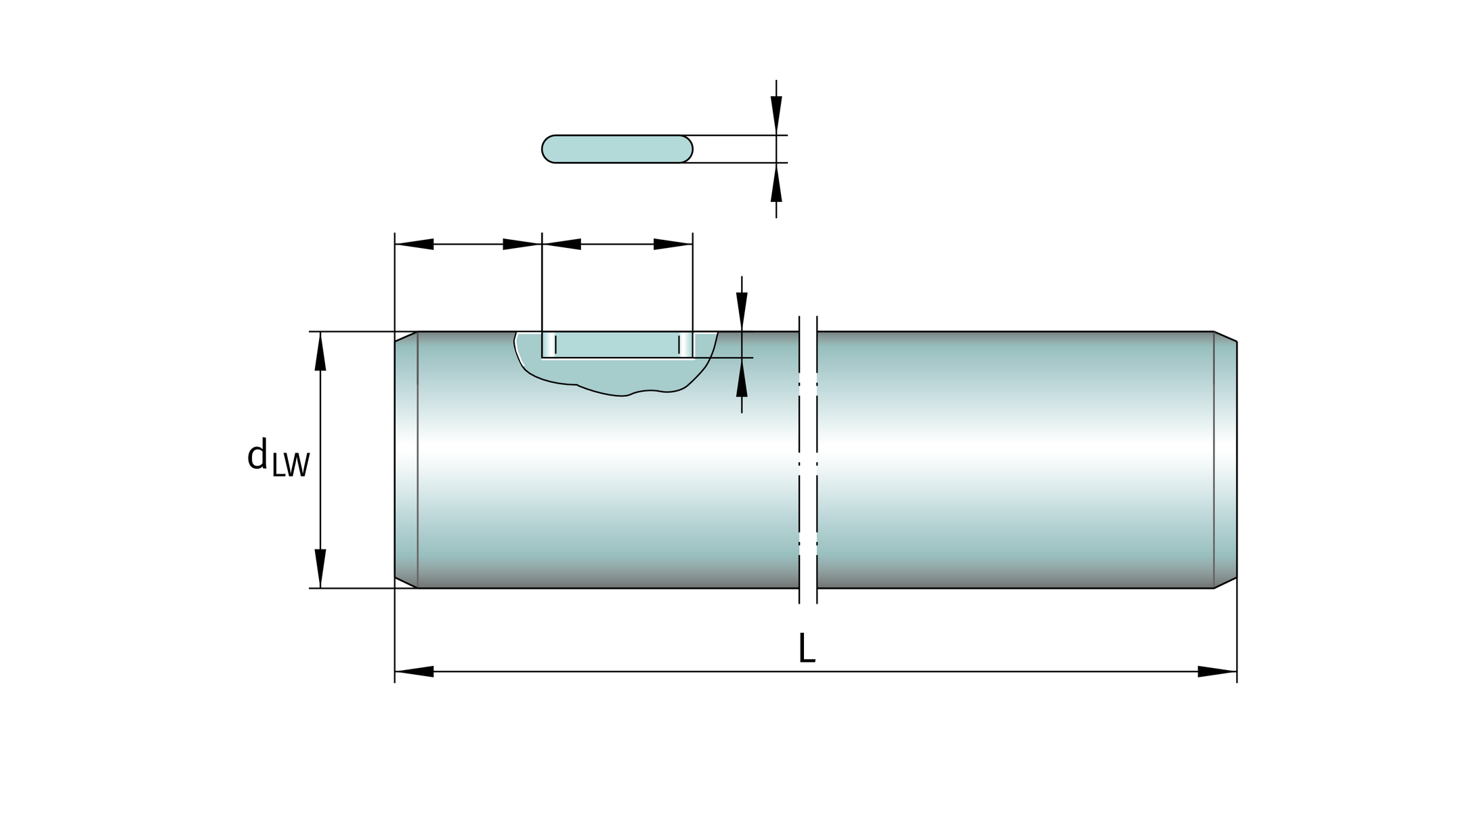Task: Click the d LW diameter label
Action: [x=278, y=458]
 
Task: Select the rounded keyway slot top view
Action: [x=617, y=149]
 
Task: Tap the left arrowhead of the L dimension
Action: [x=414, y=671]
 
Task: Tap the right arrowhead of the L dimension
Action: [x=1217, y=671]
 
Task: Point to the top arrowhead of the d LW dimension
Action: [x=320, y=351]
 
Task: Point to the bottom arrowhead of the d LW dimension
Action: [x=320, y=568]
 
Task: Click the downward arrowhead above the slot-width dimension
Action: [x=776, y=115]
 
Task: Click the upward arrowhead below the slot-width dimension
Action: [x=776, y=182]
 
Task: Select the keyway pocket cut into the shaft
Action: [x=617, y=345]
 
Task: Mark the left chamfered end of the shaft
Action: [x=406, y=460]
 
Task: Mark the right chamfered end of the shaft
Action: [x=1225, y=460]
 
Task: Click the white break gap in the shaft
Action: [x=808, y=460]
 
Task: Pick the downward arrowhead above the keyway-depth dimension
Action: [x=742, y=312]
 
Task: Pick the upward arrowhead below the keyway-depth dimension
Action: [x=742, y=377]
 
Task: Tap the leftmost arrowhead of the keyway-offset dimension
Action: [x=414, y=244]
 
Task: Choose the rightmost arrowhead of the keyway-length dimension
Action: [x=673, y=244]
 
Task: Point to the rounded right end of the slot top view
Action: [x=685, y=149]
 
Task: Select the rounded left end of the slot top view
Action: [x=549, y=149]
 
